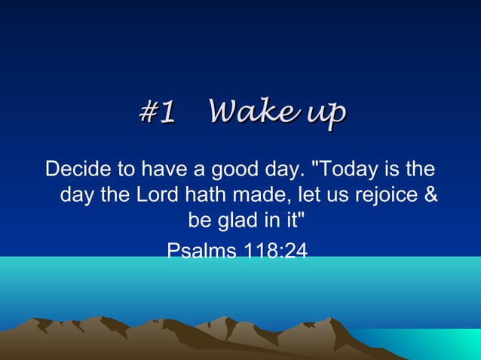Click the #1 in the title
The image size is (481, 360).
[158, 112]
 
